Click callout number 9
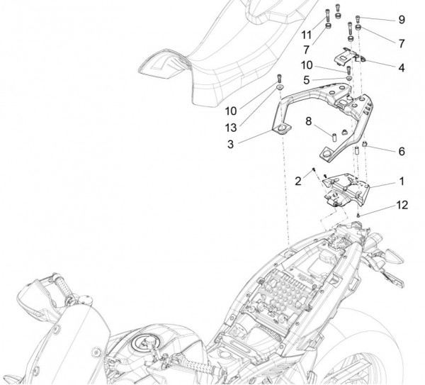pos(402,19)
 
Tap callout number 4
pos(402,68)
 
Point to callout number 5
pos(306,81)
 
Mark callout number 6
pos(402,152)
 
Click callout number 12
pos(402,206)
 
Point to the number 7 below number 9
pos(402,43)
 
